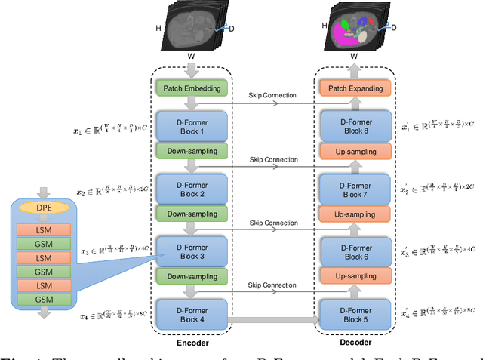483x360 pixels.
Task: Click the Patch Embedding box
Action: coord(192,88)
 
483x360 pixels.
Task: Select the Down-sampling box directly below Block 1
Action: coord(192,151)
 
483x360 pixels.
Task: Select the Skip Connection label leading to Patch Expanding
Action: coord(273,96)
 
